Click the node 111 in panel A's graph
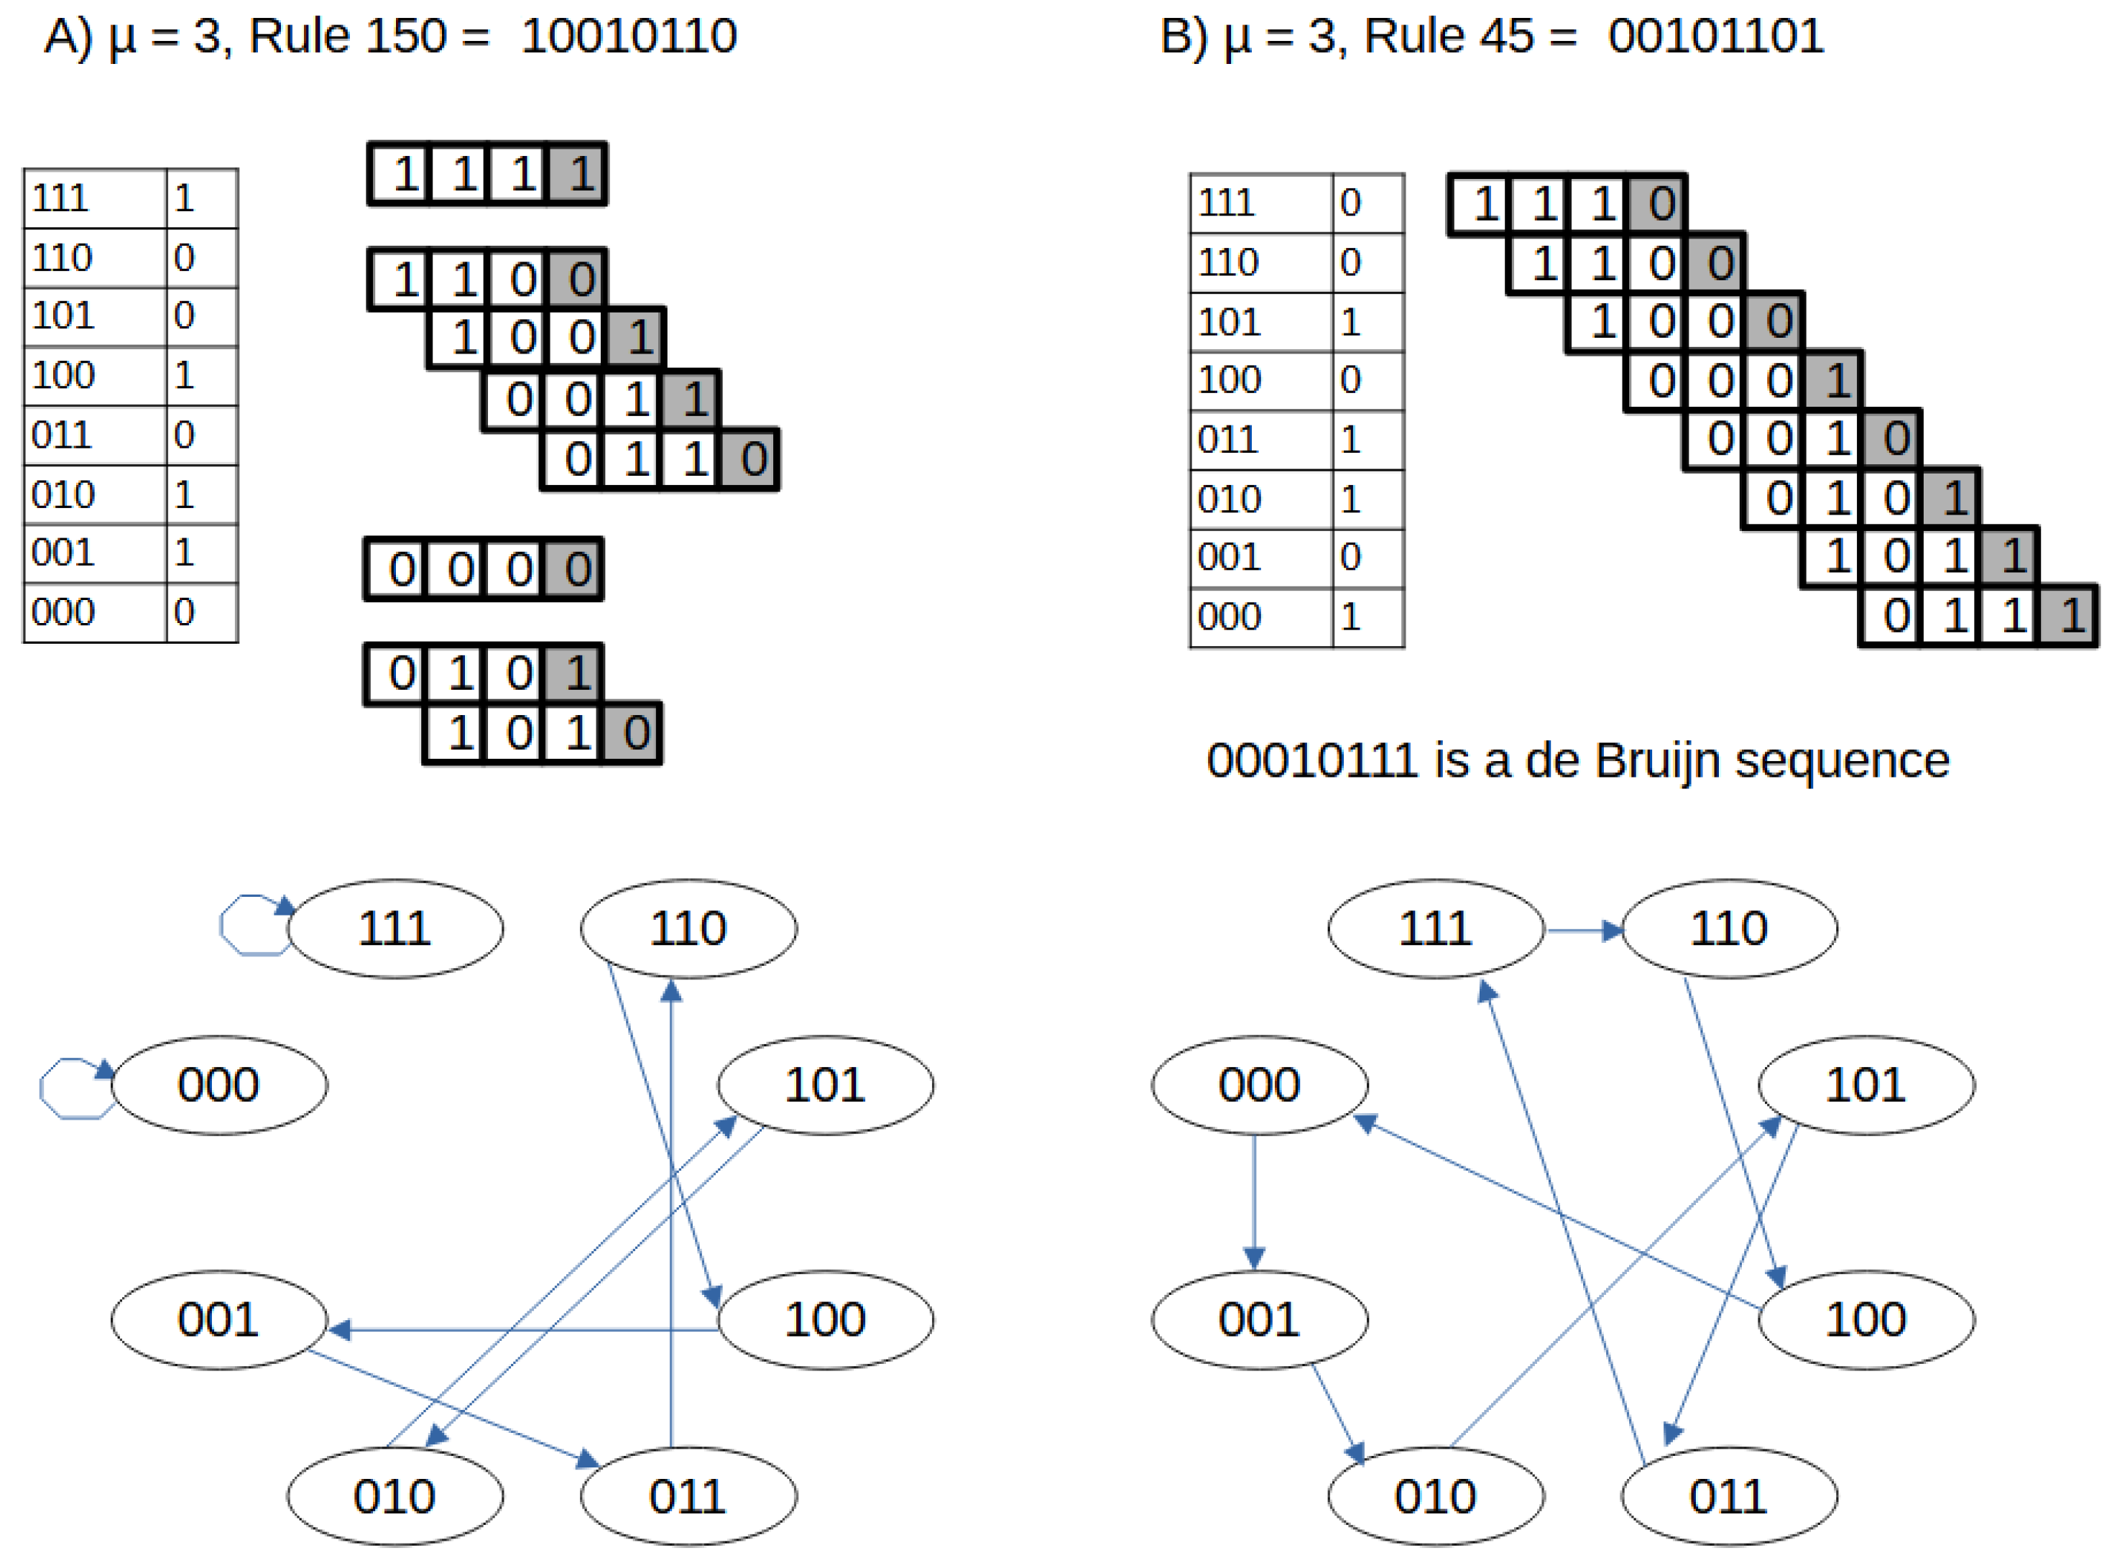click(395, 928)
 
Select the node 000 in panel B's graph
click(1259, 1084)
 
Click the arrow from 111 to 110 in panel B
click(1585, 931)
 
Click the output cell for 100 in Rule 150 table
click(201, 376)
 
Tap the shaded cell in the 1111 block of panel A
click(578, 174)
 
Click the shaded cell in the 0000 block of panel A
click(574, 570)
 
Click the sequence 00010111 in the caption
click(1312, 761)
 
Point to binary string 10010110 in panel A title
click(629, 36)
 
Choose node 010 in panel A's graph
click(395, 1497)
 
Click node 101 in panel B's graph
click(1865, 1084)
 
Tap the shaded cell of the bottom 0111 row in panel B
click(2070, 617)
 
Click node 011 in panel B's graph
click(1728, 1497)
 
